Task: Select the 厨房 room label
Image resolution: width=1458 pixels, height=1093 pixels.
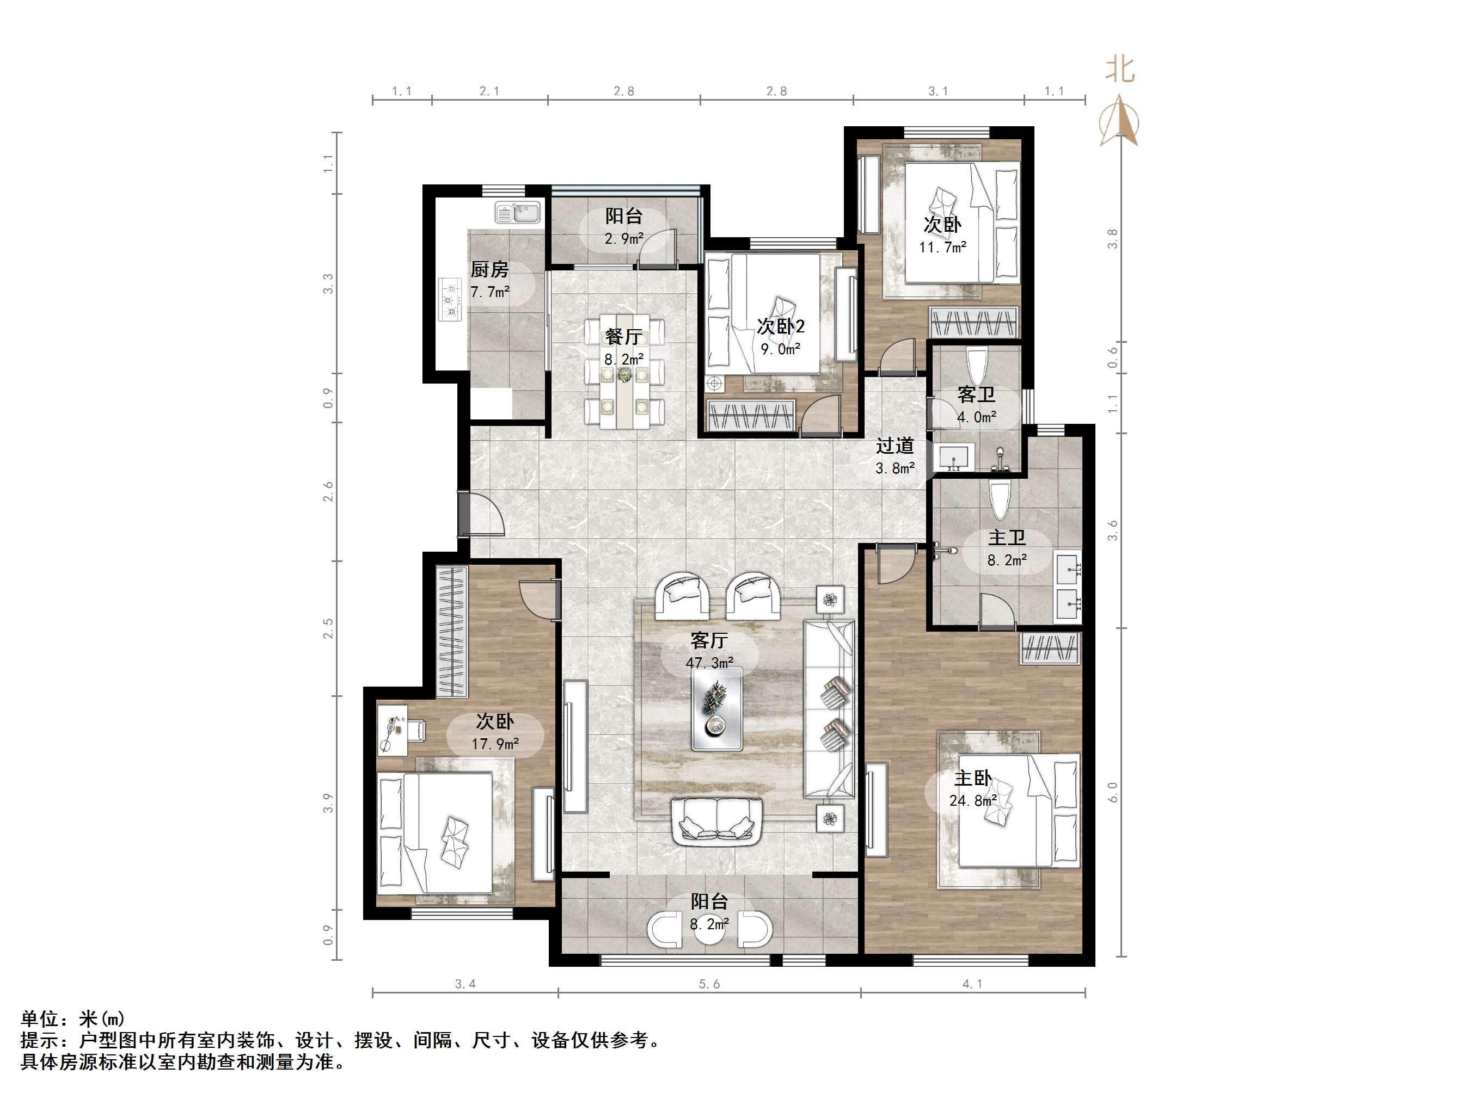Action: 490,269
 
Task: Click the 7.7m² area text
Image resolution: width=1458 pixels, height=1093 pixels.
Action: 490,291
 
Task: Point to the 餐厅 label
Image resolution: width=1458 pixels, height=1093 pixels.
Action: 623,337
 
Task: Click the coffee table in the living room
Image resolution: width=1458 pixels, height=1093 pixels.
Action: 716,709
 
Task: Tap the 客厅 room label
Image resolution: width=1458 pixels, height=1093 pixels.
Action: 709,640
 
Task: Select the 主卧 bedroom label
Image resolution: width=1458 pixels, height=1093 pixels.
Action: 973,778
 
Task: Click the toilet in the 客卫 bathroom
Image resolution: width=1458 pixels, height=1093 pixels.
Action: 976,366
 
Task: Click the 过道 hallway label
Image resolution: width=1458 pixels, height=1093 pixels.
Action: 895,446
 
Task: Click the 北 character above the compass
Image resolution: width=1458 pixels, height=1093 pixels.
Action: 1120,69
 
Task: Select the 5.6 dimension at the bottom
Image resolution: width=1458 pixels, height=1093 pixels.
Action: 709,984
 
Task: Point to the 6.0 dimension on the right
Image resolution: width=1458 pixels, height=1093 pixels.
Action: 1113,793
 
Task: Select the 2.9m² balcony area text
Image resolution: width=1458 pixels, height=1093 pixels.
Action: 623,238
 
